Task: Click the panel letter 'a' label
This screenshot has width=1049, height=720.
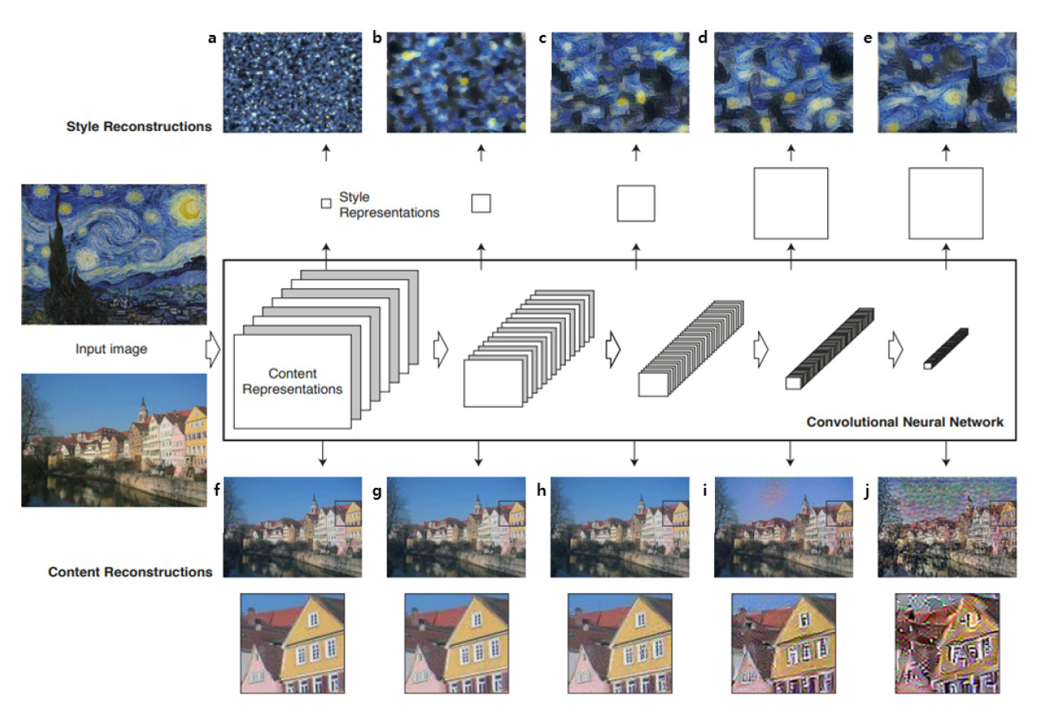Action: pos(212,38)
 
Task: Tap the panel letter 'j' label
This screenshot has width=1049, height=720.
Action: pos(866,491)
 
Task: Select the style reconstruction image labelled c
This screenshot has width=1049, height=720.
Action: pos(619,82)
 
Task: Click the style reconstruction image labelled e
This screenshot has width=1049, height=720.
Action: pos(947,82)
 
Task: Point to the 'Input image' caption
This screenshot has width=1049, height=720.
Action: pos(112,349)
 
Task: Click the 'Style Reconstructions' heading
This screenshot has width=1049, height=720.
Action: pos(139,126)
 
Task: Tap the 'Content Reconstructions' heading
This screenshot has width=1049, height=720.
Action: pos(130,572)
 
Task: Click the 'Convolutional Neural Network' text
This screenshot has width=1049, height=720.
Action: pos(905,422)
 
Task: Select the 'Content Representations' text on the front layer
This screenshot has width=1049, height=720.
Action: pos(293,381)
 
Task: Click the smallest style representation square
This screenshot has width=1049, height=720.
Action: pos(326,204)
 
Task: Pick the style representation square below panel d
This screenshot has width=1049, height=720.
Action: pos(791,203)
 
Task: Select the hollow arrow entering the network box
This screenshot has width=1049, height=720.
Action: pos(213,349)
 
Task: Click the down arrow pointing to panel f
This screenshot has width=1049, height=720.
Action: pos(322,453)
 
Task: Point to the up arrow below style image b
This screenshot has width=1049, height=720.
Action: pos(481,153)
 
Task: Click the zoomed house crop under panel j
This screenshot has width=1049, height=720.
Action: pos(947,643)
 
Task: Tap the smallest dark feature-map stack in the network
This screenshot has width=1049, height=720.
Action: pos(946,349)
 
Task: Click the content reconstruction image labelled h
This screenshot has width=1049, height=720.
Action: pos(619,527)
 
